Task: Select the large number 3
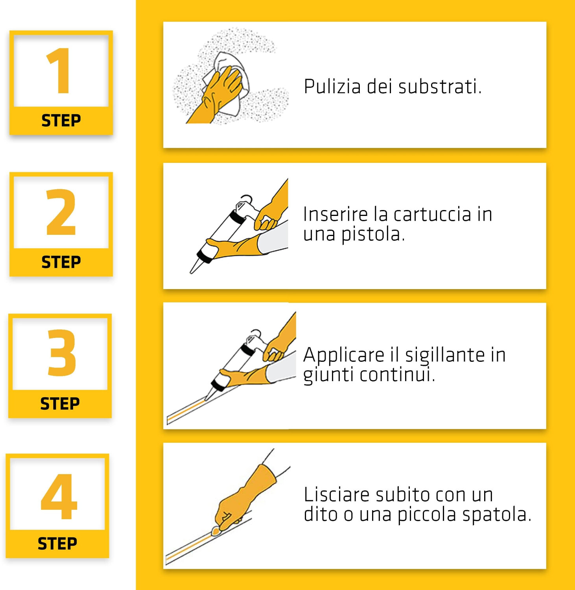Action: click(61, 352)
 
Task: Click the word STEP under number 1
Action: click(61, 120)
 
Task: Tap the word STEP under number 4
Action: click(57, 544)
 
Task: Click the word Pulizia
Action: click(332, 87)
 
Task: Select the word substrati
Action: click(440, 87)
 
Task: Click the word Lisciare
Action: click(337, 494)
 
